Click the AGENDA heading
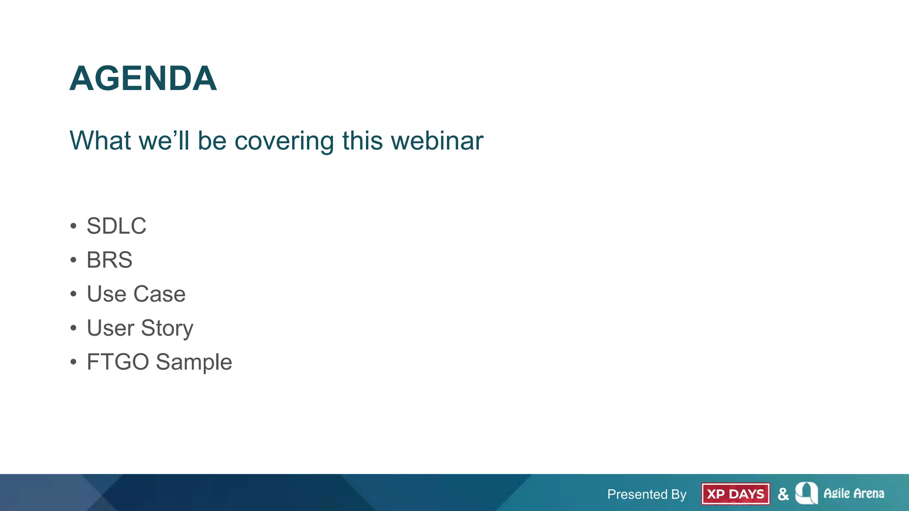[143, 79]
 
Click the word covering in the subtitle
[284, 141]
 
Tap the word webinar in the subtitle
[437, 141]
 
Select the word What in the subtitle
[100, 141]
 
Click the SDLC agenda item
[116, 226]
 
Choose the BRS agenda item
[109, 260]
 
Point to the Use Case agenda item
[136, 294]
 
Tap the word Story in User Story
[167, 329]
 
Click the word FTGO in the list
[118, 362]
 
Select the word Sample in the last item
[194, 362]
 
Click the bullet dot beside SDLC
[73, 226]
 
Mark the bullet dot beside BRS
[73, 260]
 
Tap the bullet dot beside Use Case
[73, 294]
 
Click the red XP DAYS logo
[735, 494]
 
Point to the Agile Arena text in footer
[854, 494]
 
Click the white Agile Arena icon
[806, 493]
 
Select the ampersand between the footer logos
[783, 494]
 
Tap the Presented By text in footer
[647, 494]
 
